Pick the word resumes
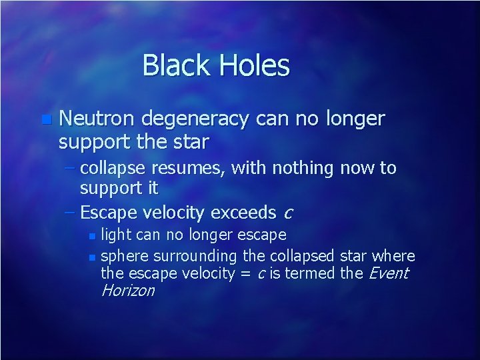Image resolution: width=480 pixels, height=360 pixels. coord(195,168)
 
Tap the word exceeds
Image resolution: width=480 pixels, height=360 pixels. coord(243,213)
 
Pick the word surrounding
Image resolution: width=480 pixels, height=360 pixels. coord(195,257)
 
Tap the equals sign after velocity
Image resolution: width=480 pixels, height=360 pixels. coord(244,274)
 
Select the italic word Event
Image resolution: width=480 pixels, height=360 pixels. coord(388,273)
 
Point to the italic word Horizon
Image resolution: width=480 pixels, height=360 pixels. coord(127,291)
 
